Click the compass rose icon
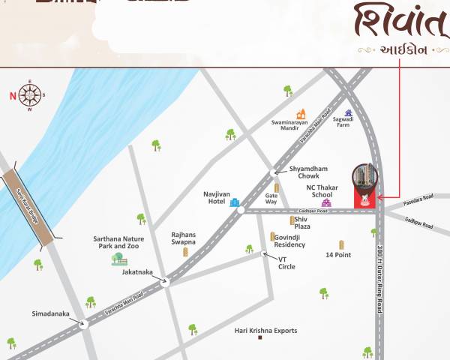(29, 94)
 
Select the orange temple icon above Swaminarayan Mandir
(301, 115)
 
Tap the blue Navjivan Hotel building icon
(235, 202)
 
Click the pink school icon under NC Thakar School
(325, 202)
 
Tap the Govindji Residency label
(289, 241)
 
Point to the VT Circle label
(286, 262)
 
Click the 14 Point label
(338, 255)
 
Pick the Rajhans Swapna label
(183, 238)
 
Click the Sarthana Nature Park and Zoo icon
(118, 259)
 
